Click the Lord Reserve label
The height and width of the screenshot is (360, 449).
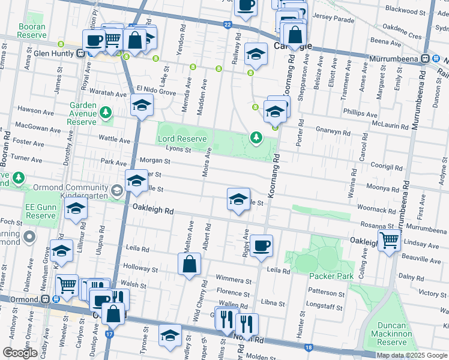pyautogui.click(x=182, y=139)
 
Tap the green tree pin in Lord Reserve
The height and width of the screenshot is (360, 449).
pyautogui.click(x=256, y=139)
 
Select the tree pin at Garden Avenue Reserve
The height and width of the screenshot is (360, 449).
pyautogui.click(x=106, y=112)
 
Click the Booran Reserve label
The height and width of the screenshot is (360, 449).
pyautogui.click(x=32, y=31)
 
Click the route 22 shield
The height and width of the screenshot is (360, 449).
pyautogui.click(x=227, y=25)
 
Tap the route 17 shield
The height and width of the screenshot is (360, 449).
pyautogui.click(x=109, y=334)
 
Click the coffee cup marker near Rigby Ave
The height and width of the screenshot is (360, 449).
pyautogui.click(x=261, y=246)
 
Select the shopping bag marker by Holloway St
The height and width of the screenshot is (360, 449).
pyautogui.click(x=189, y=264)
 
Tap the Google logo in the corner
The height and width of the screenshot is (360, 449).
pyautogui.click(x=20, y=353)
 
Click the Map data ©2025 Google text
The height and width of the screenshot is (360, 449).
pyautogui.click(x=412, y=355)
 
